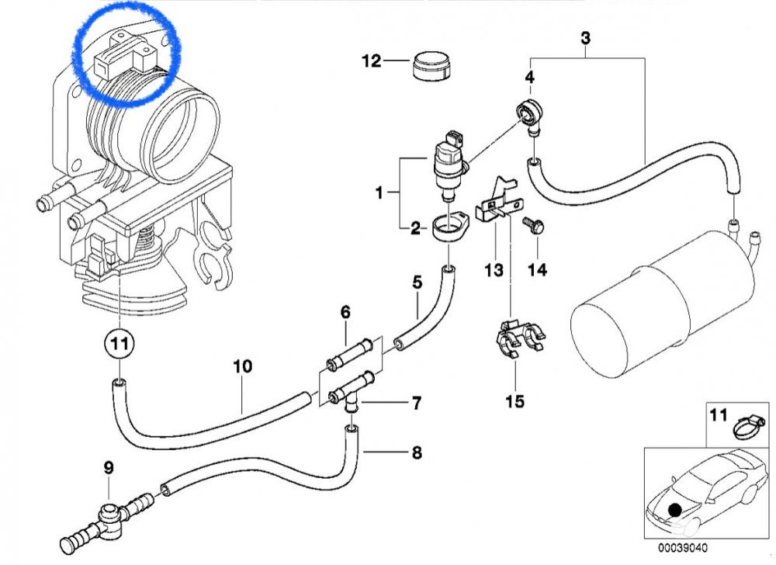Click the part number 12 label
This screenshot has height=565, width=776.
tap(372, 61)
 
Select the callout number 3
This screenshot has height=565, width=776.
tap(586, 37)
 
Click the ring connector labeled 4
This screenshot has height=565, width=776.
tap(530, 111)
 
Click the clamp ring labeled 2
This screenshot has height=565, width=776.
tap(449, 229)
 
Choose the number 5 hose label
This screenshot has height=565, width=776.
tap(417, 282)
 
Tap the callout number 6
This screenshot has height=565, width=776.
tap(345, 312)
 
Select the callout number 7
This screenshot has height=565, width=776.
tap(417, 404)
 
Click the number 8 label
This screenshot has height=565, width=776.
tap(417, 452)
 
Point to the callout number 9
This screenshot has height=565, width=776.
tap(109, 467)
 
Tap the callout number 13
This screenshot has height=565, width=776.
tap(494, 270)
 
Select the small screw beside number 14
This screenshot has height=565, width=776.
tap(535, 225)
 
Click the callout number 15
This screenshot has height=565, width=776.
tap(514, 401)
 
